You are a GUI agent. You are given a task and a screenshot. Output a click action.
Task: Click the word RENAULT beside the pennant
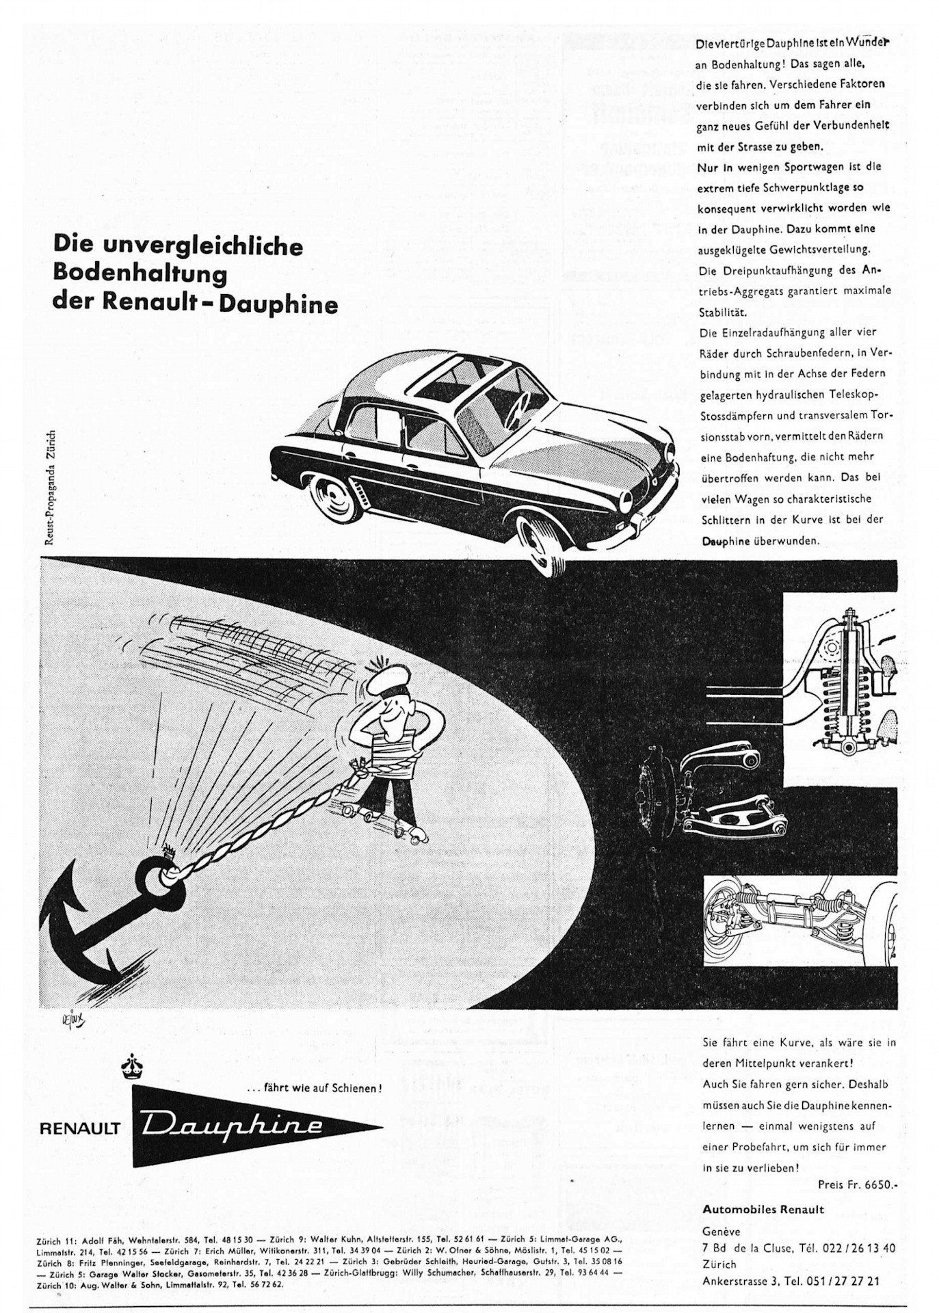[80, 1128]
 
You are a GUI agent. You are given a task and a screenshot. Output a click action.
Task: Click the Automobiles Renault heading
[763, 1209]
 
